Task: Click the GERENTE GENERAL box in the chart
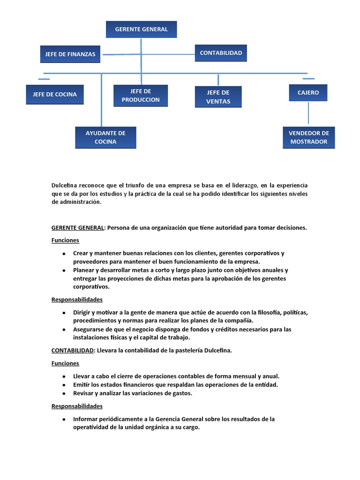pos(141,29)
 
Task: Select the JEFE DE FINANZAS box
pos(70,54)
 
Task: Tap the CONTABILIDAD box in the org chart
pos(221,53)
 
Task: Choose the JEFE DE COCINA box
pos(55,94)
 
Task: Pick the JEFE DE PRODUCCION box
pos(141,96)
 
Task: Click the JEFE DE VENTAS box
pos(218,97)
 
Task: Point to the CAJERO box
pos(308,92)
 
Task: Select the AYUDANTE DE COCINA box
pos(105,137)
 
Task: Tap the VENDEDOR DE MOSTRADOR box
pos(309,137)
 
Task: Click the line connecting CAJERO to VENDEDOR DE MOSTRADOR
pos(308,114)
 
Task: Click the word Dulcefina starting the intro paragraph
pos(64,186)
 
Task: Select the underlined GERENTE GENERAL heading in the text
pos(78,228)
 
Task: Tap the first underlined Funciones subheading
pos(65,240)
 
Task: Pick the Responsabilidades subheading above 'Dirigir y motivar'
pos(77,300)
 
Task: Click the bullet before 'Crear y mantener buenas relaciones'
pos(63,254)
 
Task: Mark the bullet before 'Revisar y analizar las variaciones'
pos(63,394)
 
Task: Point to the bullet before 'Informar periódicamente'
pos(63,419)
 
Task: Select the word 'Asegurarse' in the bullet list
pos(89,330)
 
